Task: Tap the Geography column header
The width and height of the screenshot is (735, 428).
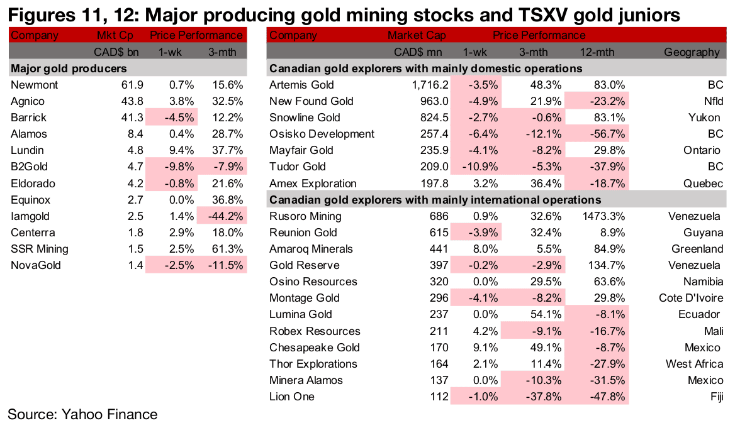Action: tap(692, 52)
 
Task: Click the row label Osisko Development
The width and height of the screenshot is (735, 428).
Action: tap(322, 134)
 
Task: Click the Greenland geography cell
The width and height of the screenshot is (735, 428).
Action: tap(695, 249)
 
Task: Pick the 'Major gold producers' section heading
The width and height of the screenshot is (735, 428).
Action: tap(69, 69)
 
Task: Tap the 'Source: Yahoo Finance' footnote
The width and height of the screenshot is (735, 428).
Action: tap(82, 414)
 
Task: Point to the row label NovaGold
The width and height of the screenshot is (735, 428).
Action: tap(36, 265)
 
